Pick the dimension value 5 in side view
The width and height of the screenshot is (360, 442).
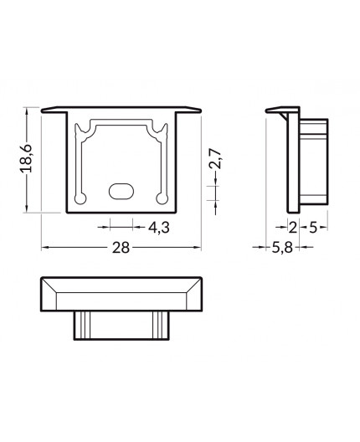click(311, 227)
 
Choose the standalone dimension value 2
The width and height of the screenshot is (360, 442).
click(292, 227)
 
